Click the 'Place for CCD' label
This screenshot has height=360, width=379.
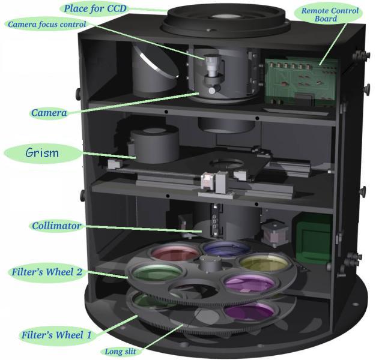pyautogui.click(x=95, y=8)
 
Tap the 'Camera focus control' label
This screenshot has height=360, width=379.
pyautogui.click(x=47, y=25)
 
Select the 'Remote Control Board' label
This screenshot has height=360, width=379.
pyautogui.click(x=330, y=15)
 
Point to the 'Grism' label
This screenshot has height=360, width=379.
pyautogui.click(x=42, y=153)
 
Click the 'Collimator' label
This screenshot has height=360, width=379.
pyautogui.click(x=56, y=226)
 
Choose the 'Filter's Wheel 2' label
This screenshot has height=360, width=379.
pyautogui.click(x=47, y=272)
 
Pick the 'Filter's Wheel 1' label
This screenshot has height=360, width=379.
pyautogui.click(x=56, y=335)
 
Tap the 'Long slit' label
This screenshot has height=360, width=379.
pyautogui.click(x=120, y=352)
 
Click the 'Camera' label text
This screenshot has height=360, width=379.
pyautogui.click(x=49, y=113)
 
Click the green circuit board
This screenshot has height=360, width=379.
pyautogui.click(x=300, y=82)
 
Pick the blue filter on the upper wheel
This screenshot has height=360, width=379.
pyautogui.click(x=226, y=248)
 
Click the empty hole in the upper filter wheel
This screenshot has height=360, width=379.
pyautogui.click(x=193, y=289)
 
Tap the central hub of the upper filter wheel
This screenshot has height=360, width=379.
pyautogui.click(x=210, y=263)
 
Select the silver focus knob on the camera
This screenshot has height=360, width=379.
pyautogui.click(x=212, y=65)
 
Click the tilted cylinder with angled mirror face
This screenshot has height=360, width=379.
pyautogui.click(x=155, y=71)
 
